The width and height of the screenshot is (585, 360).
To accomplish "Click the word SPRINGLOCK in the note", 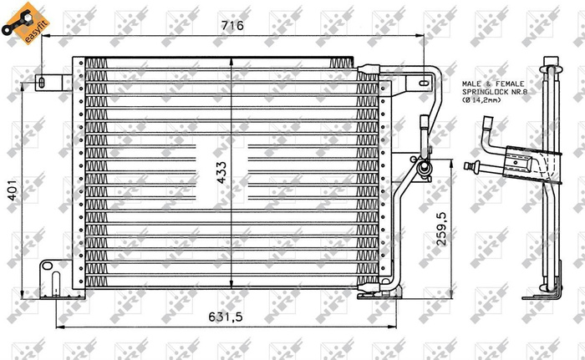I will tap(484, 92).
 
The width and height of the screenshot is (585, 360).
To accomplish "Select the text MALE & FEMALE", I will tap(493, 84).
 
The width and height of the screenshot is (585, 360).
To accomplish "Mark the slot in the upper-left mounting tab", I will tap(41, 82).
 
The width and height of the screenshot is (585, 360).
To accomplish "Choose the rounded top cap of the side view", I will tap(551, 61).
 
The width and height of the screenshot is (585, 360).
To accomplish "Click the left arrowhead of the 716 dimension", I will tap(44, 36).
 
